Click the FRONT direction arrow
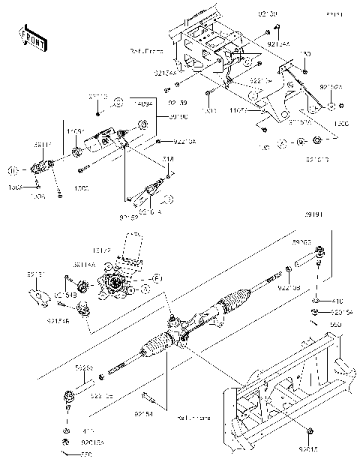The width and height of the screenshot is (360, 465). (29, 35)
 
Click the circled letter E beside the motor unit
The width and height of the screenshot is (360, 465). (158, 278)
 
